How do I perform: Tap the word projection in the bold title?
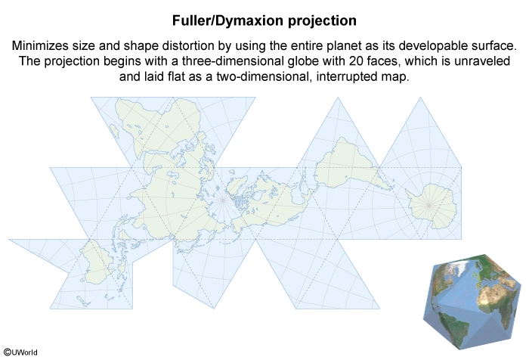pyautogui.click(x=322, y=21)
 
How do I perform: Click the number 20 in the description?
pyautogui.click(x=352, y=61)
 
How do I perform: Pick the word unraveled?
pyautogui.click(x=482, y=61)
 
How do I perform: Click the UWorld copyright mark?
pyautogui.click(x=20, y=352)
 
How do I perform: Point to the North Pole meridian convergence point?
pyautogui.click(x=223, y=200)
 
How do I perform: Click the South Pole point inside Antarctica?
pyautogui.click(x=428, y=205)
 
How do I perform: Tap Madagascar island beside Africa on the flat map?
pyautogui.click(x=115, y=132)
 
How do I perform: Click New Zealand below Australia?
pyautogui.click(x=83, y=301)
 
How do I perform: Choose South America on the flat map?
pyautogui.click(x=348, y=166)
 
